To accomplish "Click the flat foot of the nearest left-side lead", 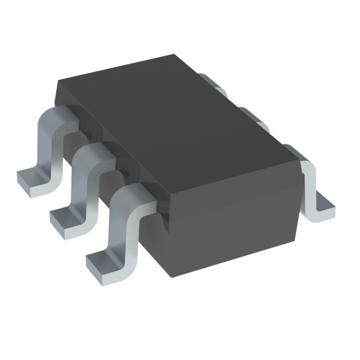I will pyautogui.click(x=101, y=262).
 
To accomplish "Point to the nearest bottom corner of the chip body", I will pyautogui.click(x=169, y=276).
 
